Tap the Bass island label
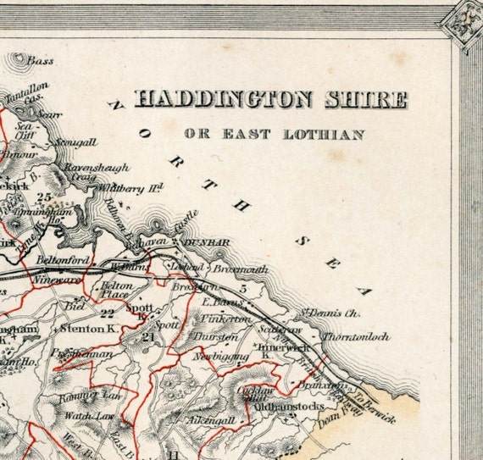point(39,61)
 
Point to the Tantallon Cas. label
point(31,92)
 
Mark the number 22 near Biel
point(107,313)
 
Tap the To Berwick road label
point(373,404)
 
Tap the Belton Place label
point(118,291)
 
